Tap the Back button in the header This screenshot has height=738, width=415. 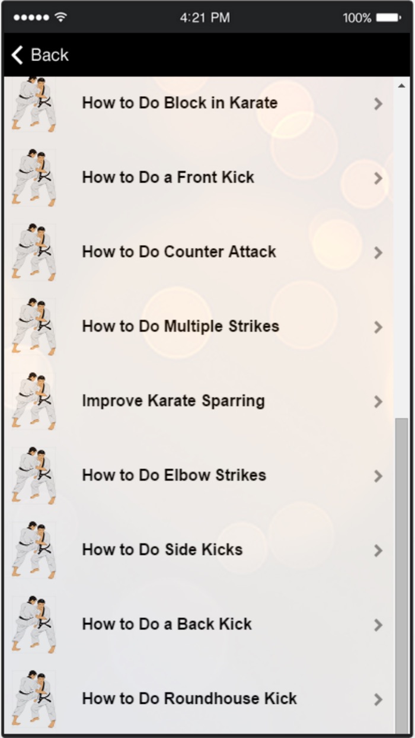[40, 55]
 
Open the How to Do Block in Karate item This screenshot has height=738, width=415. [180, 103]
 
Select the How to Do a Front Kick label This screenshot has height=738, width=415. [168, 177]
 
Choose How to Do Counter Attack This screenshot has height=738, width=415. [179, 252]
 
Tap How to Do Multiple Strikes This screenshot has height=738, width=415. [180, 326]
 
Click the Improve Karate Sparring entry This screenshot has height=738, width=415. [173, 400]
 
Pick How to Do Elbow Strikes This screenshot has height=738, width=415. [174, 475]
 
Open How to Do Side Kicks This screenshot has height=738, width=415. [162, 549]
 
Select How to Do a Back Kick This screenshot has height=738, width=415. [167, 624]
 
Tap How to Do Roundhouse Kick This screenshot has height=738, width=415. [189, 698]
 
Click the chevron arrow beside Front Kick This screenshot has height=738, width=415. [378, 178]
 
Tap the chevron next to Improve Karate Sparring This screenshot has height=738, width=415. [378, 402]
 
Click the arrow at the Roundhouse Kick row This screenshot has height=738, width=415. [378, 699]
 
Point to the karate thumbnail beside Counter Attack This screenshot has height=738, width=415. [34, 252]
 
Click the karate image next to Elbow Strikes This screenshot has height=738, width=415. [34, 475]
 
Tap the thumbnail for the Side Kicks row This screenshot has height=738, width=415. [34, 549]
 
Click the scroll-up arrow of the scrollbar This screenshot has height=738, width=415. [401, 86]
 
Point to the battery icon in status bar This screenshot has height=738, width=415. [388, 18]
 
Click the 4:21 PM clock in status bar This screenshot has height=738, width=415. [205, 18]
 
